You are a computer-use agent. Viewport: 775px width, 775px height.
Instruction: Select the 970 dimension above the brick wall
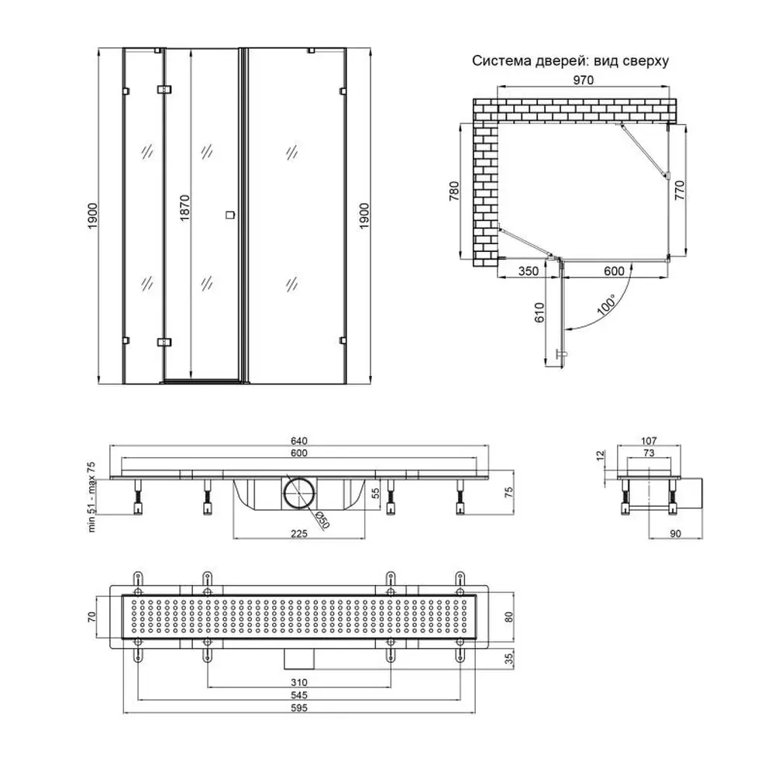click(x=584, y=81)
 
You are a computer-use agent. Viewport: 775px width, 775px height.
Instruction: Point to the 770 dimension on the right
click(x=681, y=190)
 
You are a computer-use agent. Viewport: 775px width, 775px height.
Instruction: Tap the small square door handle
click(x=229, y=216)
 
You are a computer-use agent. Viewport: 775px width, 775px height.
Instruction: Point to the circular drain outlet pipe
click(x=298, y=492)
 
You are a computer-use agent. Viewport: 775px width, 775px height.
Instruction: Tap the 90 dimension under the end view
click(x=676, y=533)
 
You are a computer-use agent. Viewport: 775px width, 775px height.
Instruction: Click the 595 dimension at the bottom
click(x=298, y=709)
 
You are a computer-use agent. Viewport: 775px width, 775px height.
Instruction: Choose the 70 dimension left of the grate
click(x=91, y=617)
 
